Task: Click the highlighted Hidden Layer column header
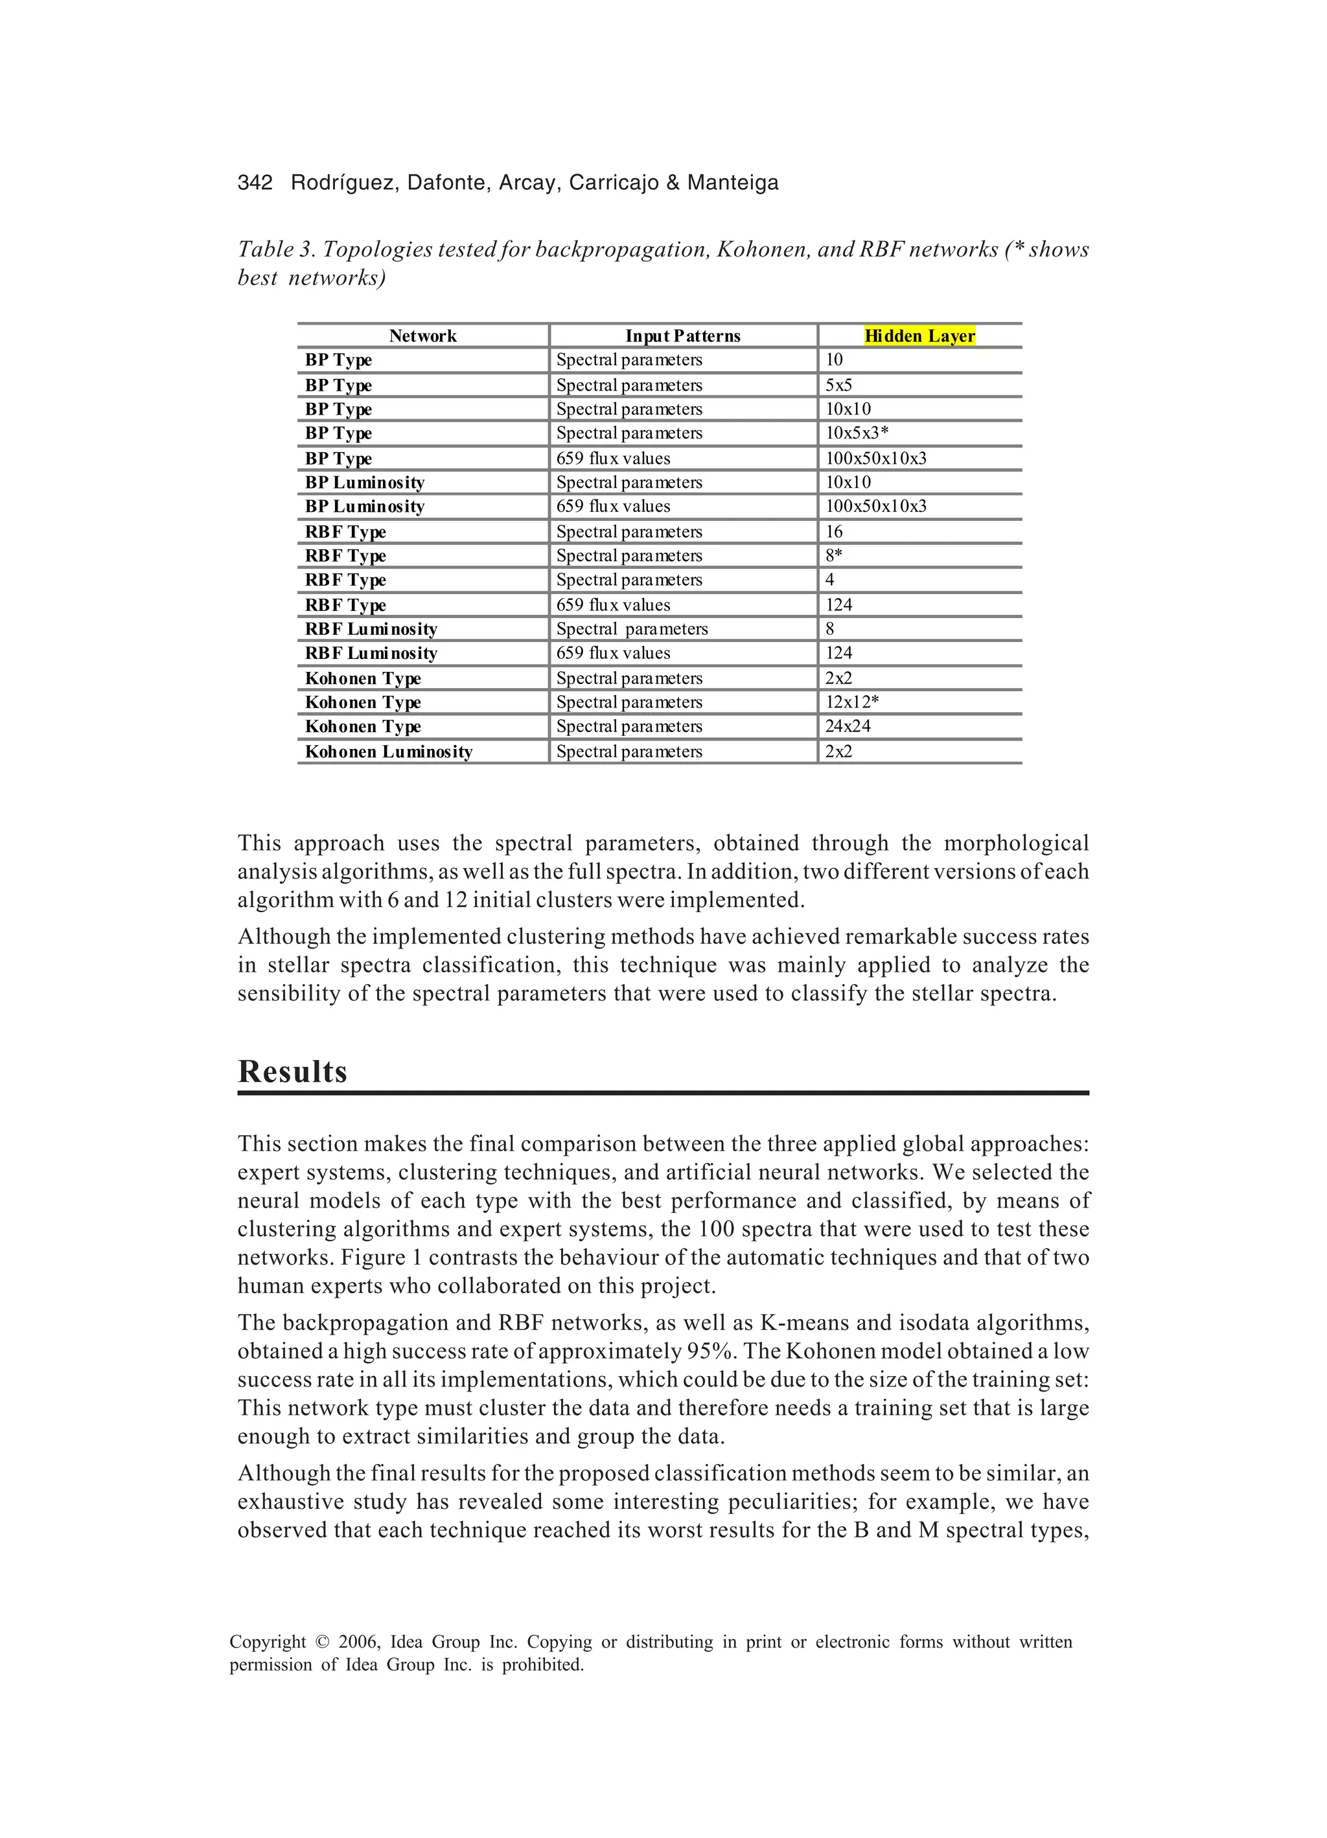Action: (919, 336)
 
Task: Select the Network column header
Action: (422, 336)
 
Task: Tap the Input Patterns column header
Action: (682, 336)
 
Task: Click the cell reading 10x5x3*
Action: (857, 433)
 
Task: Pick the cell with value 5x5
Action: (838, 385)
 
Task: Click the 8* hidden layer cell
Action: (834, 555)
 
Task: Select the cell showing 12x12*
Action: (852, 702)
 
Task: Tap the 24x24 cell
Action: (848, 726)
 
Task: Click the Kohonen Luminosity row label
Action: (388, 752)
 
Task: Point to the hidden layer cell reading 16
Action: (834, 532)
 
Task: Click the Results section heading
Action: (293, 1072)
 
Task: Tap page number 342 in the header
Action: (255, 183)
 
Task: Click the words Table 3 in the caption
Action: (275, 249)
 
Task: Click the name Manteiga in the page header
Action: (733, 183)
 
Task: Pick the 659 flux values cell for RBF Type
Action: (613, 604)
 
